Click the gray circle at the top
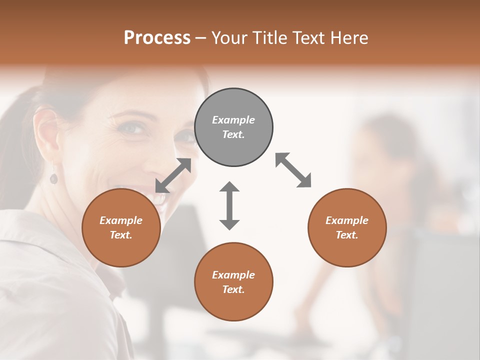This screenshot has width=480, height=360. click(233, 127)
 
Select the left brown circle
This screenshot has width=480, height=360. click(121, 227)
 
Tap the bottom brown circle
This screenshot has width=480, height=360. click(233, 281)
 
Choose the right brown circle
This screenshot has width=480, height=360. click(347, 227)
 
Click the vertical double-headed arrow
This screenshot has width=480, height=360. click(229, 205)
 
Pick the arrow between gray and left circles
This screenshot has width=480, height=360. click(173, 175)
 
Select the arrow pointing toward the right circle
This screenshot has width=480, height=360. click(293, 170)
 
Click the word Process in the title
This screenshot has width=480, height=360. click(157, 37)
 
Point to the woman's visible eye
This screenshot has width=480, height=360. click(131, 128)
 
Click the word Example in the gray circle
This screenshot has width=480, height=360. click(233, 120)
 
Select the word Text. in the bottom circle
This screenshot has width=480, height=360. click(233, 289)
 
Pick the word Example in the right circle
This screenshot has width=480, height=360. click(347, 220)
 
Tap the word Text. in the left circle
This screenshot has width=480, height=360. click(121, 235)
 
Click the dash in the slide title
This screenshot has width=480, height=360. click(200, 38)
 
